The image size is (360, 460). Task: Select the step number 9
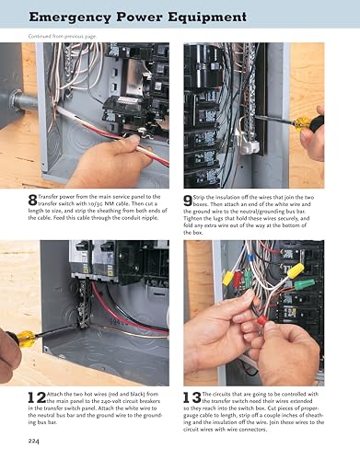188,198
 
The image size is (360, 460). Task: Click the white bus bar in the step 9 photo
246,138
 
